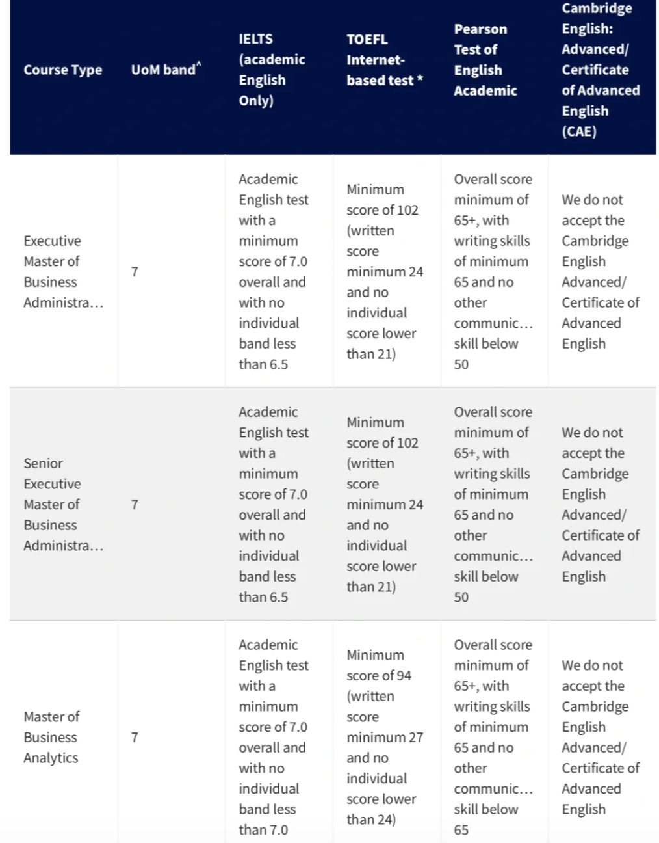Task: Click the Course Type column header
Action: click(x=62, y=70)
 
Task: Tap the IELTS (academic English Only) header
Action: click(x=272, y=70)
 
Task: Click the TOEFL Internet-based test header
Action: click(x=384, y=60)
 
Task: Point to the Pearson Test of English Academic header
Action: click(x=485, y=60)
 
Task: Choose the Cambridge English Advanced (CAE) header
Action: click(x=600, y=70)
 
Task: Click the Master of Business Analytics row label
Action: click(x=51, y=737)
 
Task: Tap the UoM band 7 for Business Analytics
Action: click(x=135, y=737)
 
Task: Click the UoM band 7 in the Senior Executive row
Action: click(x=135, y=504)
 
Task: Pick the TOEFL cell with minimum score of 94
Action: click(x=384, y=737)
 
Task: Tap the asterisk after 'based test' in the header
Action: click(x=420, y=79)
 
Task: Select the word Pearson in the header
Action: click(x=480, y=29)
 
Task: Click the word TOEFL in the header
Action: click(x=367, y=40)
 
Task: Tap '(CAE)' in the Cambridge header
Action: click(x=578, y=131)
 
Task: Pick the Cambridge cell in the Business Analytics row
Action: click(x=600, y=737)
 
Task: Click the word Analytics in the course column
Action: click(x=51, y=758)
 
